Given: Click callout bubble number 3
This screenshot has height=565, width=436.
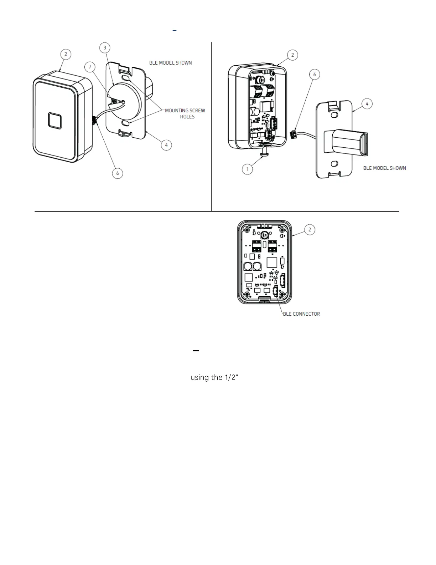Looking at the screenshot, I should [104, 48].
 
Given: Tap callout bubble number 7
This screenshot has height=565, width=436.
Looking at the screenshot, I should [90, 67].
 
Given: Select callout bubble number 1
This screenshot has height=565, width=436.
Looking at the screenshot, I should [247, 169].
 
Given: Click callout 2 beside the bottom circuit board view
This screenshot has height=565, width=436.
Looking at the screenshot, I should [310, 230].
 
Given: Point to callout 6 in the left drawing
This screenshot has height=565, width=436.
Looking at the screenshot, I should [118, 173].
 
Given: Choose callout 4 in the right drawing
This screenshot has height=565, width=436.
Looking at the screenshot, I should [367, 104].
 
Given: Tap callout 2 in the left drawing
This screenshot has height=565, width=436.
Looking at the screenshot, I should [66, 54].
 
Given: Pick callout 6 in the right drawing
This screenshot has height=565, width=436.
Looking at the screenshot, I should [314, 75].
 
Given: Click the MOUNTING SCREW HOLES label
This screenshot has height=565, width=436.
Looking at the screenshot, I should [185, 114].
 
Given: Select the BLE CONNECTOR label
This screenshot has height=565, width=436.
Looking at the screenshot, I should [301, 314].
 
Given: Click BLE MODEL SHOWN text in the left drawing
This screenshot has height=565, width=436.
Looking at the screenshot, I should [170, 63].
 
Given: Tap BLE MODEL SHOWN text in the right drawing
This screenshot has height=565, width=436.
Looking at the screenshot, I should [384, 168].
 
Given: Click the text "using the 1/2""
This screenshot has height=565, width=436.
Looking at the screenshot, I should [214, 377].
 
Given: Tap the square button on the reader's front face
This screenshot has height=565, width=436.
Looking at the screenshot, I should [55, 121].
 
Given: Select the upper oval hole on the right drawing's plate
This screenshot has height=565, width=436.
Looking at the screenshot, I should [334, 116].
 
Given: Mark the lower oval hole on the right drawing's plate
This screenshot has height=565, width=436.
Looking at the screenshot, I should [334, 163].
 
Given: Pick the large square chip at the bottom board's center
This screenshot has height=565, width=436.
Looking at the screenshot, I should [272, 263].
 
